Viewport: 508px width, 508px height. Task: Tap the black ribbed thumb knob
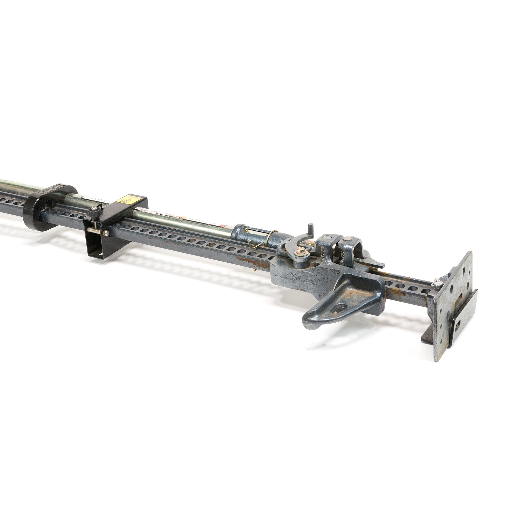pos(92,210)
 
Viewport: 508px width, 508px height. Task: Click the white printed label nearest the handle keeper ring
pos(91,197)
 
